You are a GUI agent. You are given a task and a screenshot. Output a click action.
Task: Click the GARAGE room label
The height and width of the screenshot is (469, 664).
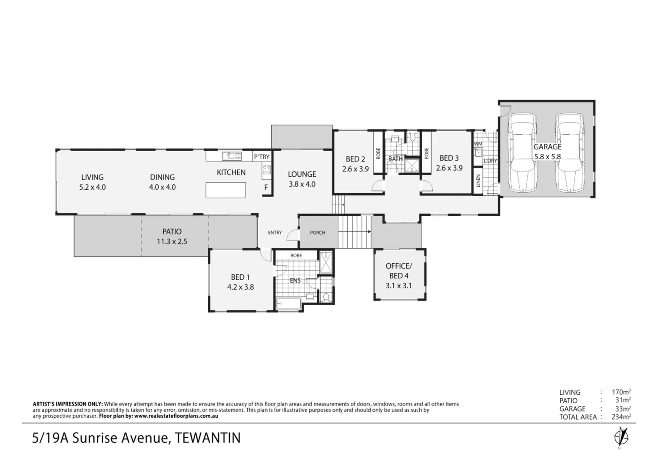547,147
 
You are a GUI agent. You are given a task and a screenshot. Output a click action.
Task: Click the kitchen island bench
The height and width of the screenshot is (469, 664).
226,190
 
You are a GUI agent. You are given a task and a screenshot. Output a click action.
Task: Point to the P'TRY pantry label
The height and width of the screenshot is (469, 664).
262,157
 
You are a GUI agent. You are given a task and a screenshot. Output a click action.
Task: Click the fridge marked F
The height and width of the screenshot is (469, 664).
266,188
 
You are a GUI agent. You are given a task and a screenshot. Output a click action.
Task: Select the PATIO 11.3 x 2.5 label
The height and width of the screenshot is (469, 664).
172,237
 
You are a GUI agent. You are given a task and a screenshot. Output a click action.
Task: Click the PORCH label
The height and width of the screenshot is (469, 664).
318,233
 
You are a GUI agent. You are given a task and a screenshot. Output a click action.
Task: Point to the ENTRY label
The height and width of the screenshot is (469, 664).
275,233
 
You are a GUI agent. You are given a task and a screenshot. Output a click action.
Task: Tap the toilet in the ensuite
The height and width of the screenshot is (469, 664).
325,297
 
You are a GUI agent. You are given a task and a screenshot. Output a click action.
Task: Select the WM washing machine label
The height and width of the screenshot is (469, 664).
478,144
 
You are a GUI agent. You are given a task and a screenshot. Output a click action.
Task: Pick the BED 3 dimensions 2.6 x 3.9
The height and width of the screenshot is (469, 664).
449,168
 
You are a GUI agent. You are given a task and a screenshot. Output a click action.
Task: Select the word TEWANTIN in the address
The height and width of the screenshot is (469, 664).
207,438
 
